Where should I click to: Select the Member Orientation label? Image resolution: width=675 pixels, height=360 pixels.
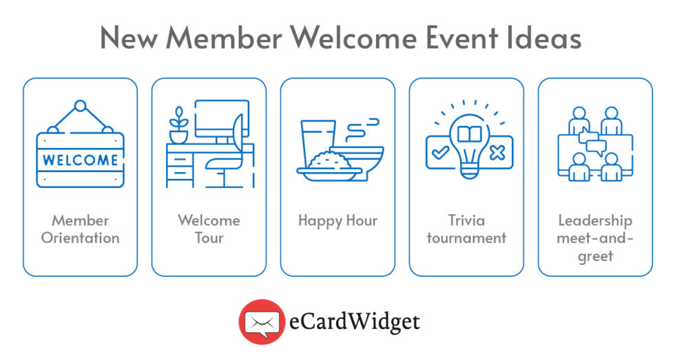(x=80, y=229)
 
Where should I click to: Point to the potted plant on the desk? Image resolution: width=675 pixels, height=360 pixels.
(x=178, y=126)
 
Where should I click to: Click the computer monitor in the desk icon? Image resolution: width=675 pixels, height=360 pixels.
(x=220, y=120)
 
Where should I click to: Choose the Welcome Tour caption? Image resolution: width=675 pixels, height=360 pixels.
(x=209, y=229)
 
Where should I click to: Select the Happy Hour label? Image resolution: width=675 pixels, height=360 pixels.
(x=337, y=221)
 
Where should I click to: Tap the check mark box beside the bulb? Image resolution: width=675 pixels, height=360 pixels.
(x=438, y=152)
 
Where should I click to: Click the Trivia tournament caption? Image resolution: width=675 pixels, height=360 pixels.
(x=466, y=229)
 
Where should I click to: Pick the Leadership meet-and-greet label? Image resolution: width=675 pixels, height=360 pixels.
(x=595, y=238)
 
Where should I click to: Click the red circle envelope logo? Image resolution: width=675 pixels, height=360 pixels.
(x=261, y=321)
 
